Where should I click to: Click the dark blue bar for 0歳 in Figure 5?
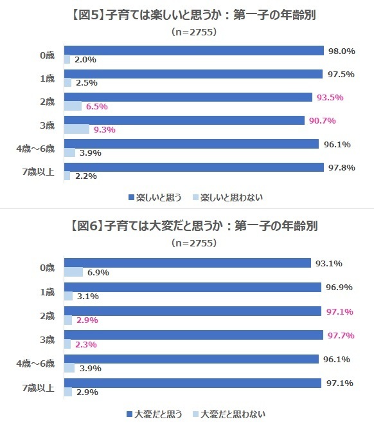[193, 51]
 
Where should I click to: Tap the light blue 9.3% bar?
[76, 129]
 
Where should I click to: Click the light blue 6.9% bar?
[73, 273]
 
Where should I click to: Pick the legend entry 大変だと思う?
[155, 413]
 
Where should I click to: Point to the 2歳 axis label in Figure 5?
[47, 102]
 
